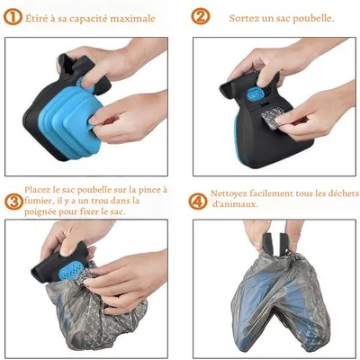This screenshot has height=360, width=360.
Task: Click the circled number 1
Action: click(13, 17)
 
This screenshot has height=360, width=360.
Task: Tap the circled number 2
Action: click(201, 16)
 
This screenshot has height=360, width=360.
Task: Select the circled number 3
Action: click(13, 202)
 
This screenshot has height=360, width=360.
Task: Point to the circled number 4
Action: click(198, 202)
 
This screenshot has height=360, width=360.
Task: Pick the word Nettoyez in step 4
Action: click(228, 193)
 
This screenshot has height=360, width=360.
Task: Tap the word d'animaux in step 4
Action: click(235, 204)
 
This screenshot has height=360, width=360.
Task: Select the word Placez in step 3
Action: click(36, 190)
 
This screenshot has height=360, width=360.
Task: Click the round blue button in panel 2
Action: click(255, 94)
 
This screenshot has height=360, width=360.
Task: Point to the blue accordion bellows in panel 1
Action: click(71, 121)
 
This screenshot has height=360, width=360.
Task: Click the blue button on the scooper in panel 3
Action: click(72, 272)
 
